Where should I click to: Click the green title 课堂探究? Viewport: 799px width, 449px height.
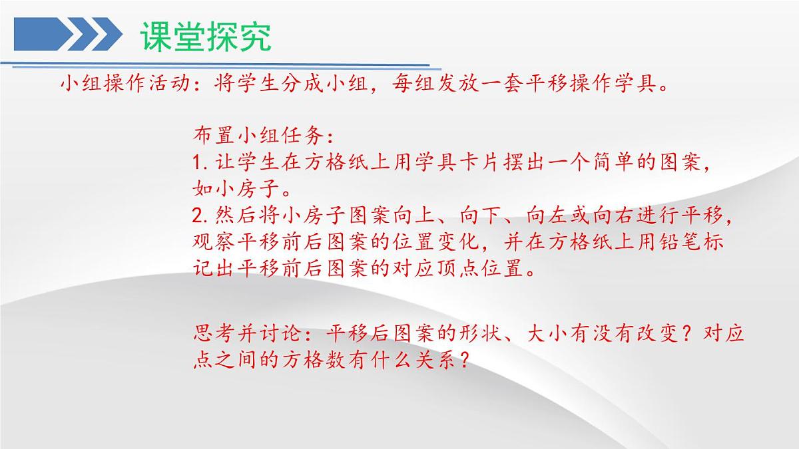(206, 37)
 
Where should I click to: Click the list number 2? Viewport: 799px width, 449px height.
(198, 217)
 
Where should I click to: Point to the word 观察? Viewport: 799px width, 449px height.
(210, 243)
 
